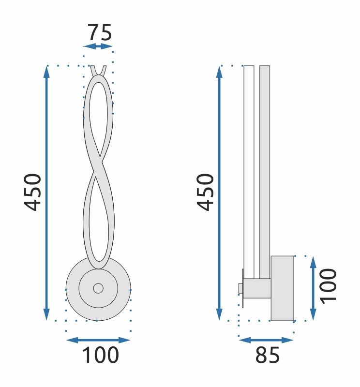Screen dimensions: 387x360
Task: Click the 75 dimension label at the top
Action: click(99, 32)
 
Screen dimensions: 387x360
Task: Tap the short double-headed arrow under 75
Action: click(98, 46)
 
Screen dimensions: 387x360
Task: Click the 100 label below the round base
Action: click(100, 355)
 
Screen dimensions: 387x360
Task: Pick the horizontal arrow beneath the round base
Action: click(98, 340)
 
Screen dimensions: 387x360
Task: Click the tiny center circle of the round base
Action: click(98, 288)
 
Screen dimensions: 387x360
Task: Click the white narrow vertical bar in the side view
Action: click(249, 169)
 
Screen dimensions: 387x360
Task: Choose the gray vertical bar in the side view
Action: click(265, 169)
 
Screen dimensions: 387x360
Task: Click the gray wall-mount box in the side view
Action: click(282, 288)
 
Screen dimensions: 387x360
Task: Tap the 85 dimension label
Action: click(267, 356)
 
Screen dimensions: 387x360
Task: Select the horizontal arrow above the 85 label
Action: click(266, 340)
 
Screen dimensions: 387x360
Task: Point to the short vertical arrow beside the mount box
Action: click(313, 288)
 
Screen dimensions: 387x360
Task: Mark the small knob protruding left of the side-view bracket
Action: click(240, 288)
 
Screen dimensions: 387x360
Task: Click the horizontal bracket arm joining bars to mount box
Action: click(257, 288)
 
